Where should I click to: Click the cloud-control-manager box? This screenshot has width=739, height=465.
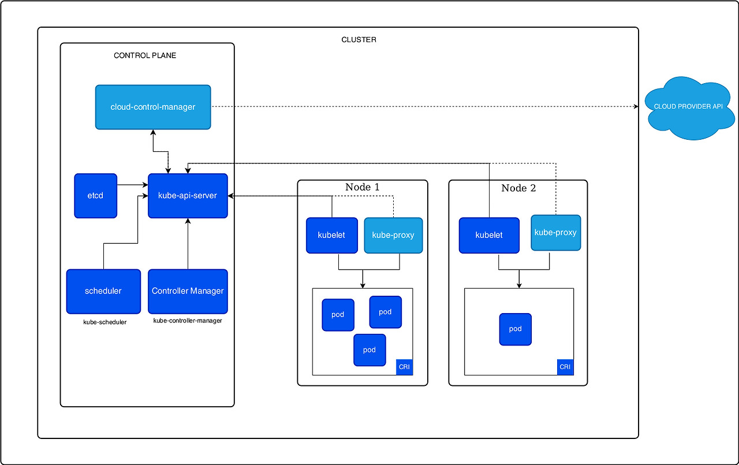(153, 107)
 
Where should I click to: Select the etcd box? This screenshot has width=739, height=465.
(95, 196)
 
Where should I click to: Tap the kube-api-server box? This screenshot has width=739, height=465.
(188, 196)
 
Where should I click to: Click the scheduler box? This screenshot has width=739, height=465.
(103, 291)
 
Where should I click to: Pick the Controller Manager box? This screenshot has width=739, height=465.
(188, 291)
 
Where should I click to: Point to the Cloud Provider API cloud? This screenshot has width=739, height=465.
(688, 107)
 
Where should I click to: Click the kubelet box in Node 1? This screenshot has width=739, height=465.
(332, 235)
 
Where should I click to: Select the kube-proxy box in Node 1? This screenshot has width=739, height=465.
(393, 235)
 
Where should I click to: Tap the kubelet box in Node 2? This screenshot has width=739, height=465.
(488, 235)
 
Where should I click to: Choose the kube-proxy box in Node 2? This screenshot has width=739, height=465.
(555, 233)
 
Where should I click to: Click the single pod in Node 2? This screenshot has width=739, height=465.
(515, 329)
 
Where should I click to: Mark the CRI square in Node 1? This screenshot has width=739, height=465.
(405, 367)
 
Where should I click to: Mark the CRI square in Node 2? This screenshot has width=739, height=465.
(565, 367)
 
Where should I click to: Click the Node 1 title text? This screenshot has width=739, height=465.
(363, 187)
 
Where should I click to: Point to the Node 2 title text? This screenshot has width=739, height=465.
(518, 188)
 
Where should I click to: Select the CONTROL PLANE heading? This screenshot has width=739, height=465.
(145, 56)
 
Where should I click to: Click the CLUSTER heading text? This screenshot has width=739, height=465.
(359, 40)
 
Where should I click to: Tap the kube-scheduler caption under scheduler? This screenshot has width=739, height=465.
(104, 322)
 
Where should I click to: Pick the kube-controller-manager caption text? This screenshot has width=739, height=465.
(188, 321)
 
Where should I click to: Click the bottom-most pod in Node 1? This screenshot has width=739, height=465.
(369, 350)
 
